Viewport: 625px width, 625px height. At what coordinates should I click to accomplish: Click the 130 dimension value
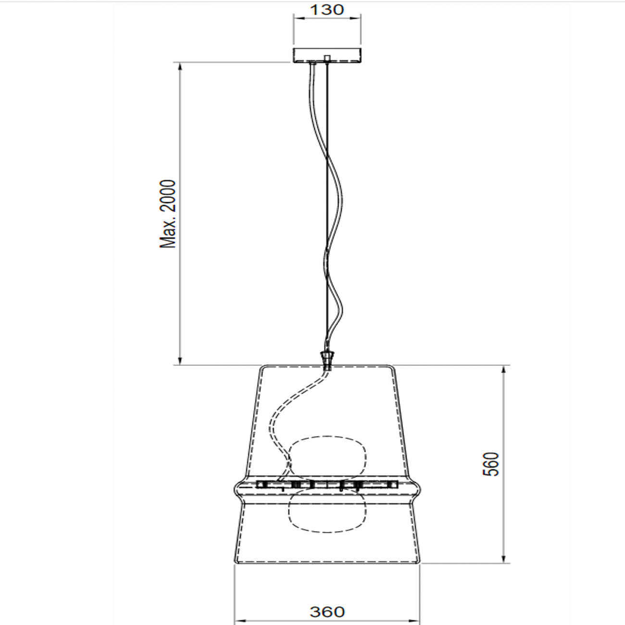click(327, 10)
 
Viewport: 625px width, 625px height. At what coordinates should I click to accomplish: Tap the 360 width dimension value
click(327, 612)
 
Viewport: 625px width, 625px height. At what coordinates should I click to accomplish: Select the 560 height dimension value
click(491, 464)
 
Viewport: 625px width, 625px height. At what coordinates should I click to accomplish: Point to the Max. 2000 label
click(168, 214)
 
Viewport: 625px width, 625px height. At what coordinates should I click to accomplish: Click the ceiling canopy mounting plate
click(327, 54)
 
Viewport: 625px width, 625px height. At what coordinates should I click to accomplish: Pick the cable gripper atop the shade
click(327, 358)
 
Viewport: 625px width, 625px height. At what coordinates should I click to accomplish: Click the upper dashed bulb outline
click(327, 457)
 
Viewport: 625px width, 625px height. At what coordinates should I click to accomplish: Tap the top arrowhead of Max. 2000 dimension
click(180, 66)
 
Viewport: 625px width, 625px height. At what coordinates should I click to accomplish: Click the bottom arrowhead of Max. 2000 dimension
click(180, 362)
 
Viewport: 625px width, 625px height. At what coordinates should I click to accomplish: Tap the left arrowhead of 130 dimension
click(297, 19)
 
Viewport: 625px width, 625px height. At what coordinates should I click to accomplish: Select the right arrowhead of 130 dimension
click(357, 19)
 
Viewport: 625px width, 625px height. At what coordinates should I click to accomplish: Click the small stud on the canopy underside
click(327, 59)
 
